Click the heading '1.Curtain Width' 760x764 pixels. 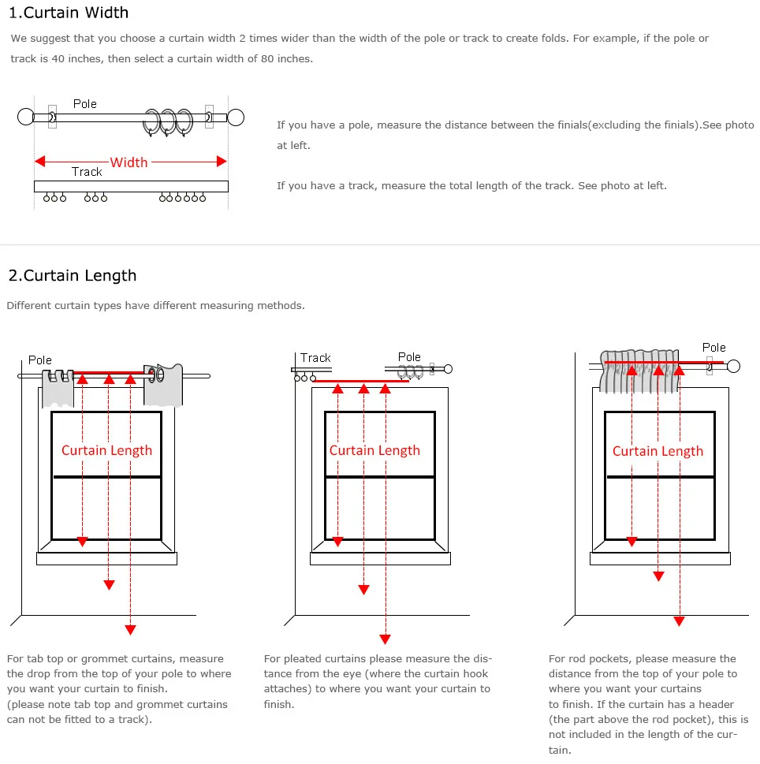pyautogui.click(x=68, y=13)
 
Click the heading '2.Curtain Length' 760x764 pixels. pyautogui.click(x=72, y=275)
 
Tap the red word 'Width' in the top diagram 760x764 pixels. pyautogui.click(x=129, y=162)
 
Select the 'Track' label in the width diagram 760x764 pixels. pyautogui.click(x=87, y=172)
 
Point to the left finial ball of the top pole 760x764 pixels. pyautogui.click(x=25, y=117)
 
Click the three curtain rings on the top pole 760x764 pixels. pyautogui.click(x=168, y=121)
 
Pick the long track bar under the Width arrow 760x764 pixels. pyautogui.click(x=131, y=187)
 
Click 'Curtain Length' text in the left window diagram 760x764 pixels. pyautogui.click(x=106, y=450)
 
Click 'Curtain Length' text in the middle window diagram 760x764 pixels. pyautogui.click(x=374, y=450)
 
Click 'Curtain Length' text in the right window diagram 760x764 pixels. pyautogui.click(x=658, y=451)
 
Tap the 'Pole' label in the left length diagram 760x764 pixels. pyautogui.click(x=40, y=360)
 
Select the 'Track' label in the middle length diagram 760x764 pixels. pyautogui.click(x=315, y=358)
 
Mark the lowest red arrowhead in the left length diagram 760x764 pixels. pyautogui.click(x=130, y=629)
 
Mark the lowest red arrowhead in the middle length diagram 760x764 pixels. pyautogui.click(x=385, y=639)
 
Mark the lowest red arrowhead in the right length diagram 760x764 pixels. pyautogui.click(x=679, y=621)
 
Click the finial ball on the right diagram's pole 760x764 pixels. pyautogui.click(x=733, y=366)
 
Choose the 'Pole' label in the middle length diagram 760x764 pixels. pyautogui.click(x=409, y=357)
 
